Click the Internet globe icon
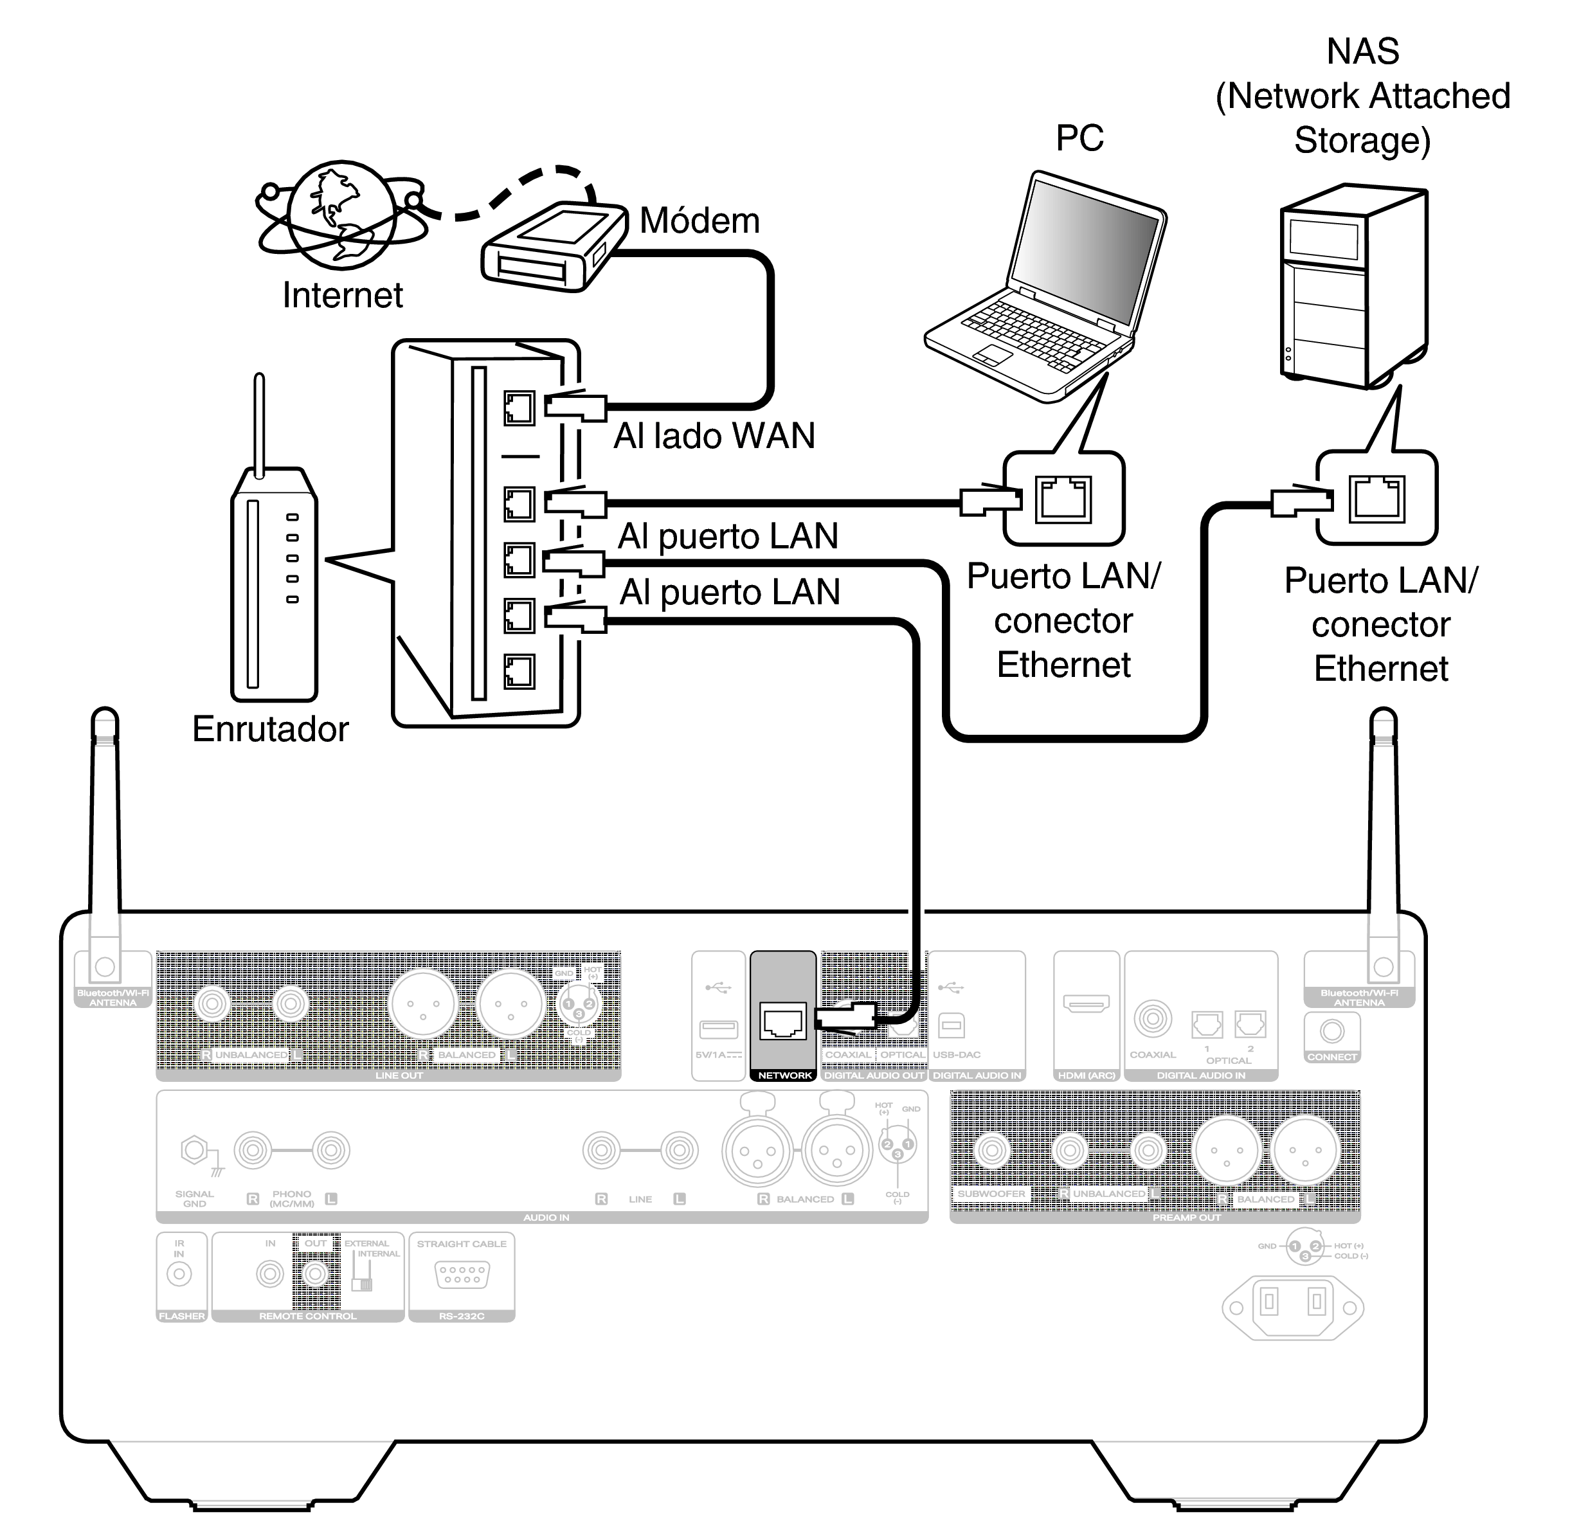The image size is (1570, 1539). pyautogui.click(x=343, y=214)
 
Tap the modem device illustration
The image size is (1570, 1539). pyautogui.click(x=555, y=245)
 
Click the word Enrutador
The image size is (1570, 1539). pyautogui.click(x=270, y=729)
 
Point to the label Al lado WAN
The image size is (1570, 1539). pyautogui.click(x=714, y=437)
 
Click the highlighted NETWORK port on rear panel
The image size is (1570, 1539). pyautogui.click(x=782, y=1022)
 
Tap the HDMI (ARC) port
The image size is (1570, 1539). pyautogui.click(x=1086, y=1005)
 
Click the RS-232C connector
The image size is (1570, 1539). pyautogui.click(x=462, y=1275)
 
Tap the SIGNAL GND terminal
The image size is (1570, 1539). pyautogui.click(x=194, y=1149)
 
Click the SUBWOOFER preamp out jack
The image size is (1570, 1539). pyautogui.click(x=992, y=1149)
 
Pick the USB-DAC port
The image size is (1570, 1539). pyautogui.click(x=952, y=1027)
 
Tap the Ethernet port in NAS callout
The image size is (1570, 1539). pyautogui.click(x=1376, y=498)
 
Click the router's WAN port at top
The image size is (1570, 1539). pyautogui.click(x=519, y=408)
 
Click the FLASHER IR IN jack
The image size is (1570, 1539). pyautogui.click(x=179, y=1275)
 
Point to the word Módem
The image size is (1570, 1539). pyautogui.click(x=699, y=221)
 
